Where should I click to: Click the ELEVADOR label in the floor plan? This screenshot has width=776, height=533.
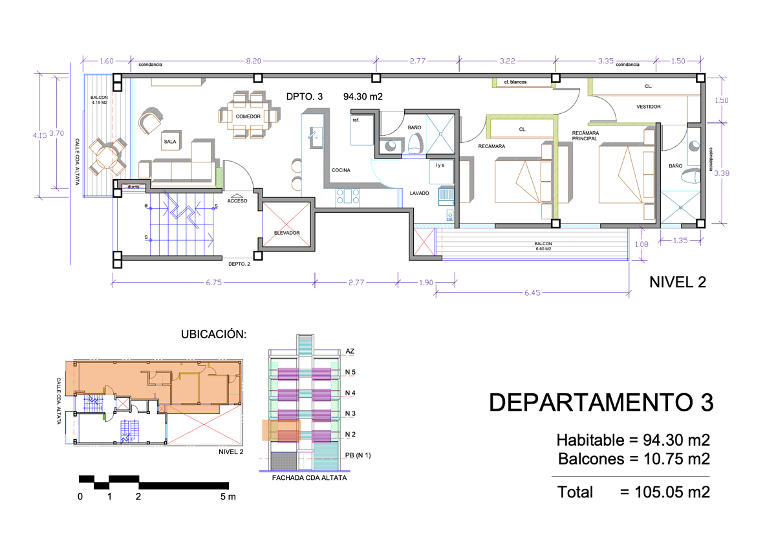[x=287, y=233]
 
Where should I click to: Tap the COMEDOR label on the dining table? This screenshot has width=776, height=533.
[x=248, y=116]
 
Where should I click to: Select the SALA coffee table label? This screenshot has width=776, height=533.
[x=170, y=142]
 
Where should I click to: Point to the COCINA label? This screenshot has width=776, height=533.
[x=341, y=170]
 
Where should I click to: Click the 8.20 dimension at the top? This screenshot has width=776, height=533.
[x=253, y=61]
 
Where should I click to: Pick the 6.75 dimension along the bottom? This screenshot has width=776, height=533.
[x=214, y=283]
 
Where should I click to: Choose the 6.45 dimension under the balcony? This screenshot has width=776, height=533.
[x=532, y=293]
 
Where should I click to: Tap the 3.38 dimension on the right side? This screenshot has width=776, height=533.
[x=722, y=173]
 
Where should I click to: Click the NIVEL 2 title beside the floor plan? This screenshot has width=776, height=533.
[x=678, y=282]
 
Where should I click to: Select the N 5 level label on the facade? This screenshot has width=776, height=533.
[x=350, y=372]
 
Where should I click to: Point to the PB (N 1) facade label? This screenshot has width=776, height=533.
[x=358, y=455]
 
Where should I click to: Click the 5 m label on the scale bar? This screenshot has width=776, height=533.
[x=228, y=497]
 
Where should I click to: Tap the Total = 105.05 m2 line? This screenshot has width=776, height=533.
[x=634, y=492]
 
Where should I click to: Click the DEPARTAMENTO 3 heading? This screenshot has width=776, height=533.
[x=601, y=402]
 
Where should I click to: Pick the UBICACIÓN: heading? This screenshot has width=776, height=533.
[x=214, y=334]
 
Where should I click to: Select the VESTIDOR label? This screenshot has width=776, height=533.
[x=648, y=107]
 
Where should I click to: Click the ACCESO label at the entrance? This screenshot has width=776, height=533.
[x=237, y=201]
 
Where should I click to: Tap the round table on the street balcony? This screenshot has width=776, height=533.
[x=107, y=157]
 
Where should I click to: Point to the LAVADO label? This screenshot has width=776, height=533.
[x=419, y=193]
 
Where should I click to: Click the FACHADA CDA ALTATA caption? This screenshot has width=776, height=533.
[x=309, y=478]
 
